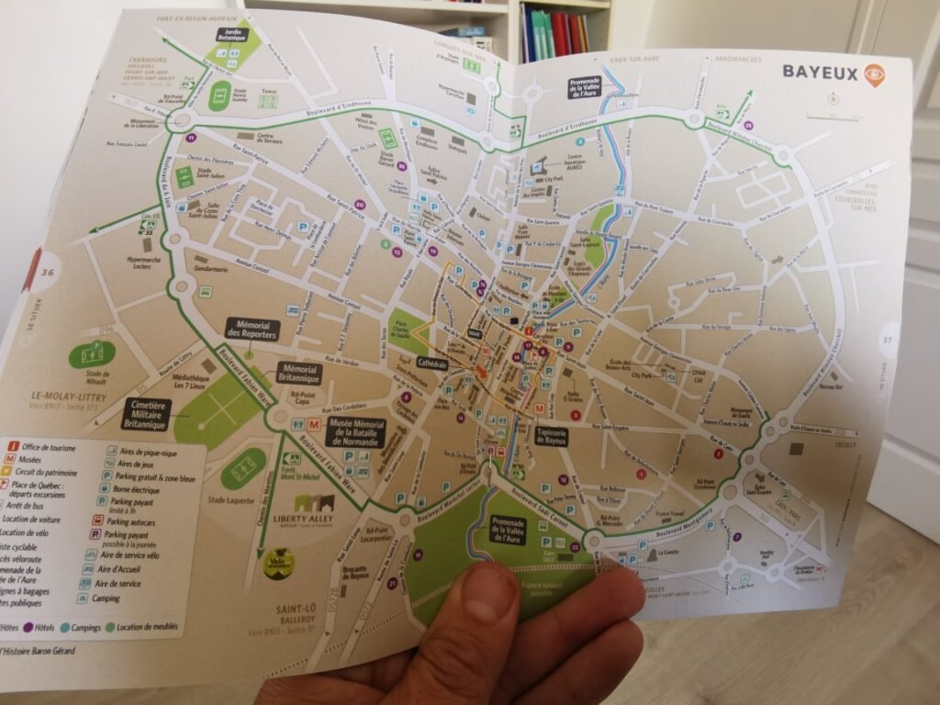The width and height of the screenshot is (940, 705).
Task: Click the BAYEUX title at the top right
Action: click(820, 73)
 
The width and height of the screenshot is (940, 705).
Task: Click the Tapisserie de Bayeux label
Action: click(550, 437)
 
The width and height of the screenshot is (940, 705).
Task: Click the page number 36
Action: click(49, 272)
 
